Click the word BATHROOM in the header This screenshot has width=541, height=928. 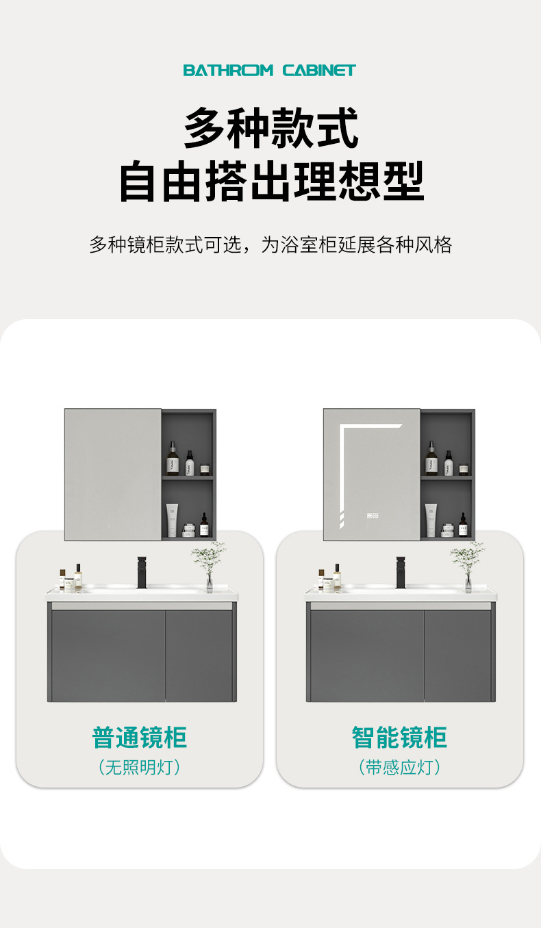click(228, 70)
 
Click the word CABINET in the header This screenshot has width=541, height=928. click(319, 70)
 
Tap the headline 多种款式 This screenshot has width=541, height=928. click(271, 128)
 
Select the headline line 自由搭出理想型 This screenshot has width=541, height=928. click(271, 181)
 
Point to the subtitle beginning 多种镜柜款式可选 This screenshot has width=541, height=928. click(270, 244)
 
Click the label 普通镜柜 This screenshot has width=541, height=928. click(139, 738)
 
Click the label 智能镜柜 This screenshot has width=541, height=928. click(399, 738)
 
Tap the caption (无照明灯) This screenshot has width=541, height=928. click(139, 767)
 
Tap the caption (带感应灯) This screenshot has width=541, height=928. click(399, 767)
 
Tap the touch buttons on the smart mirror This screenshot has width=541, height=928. click(372, 516)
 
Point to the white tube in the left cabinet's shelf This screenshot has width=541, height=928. click(172, 520)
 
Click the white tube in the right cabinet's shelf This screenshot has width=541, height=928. click(430, 520)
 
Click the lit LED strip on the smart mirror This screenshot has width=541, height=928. click(340, 473)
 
